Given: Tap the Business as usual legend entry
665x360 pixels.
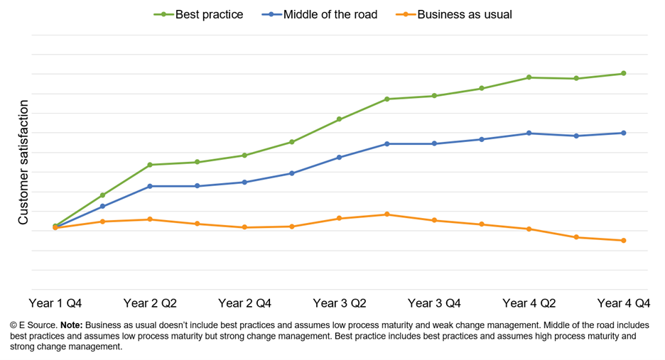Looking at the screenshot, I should click(464, 14).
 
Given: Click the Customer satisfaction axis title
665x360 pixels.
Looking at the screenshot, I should click(23, 163).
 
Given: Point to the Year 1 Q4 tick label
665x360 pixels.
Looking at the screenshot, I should click(55, 303).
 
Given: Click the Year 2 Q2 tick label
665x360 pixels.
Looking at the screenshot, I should click(150, 303).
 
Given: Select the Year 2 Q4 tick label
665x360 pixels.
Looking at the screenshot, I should click(244, 303).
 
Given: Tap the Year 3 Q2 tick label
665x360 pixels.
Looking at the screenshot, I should click(340, 303).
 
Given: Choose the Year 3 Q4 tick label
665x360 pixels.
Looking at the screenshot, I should click(434, 303).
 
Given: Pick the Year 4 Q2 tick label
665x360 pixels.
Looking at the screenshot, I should click(529, 303).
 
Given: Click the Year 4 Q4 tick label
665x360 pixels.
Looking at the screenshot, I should click(624, 303).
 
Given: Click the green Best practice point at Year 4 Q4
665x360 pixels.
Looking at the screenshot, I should click(624, 73).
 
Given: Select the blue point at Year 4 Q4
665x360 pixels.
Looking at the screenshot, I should click(624, 133).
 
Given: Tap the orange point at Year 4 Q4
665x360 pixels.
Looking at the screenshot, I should click(624, 241).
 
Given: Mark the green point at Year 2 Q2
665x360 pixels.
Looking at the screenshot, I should click(150, 165).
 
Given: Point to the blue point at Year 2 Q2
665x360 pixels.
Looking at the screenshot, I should click(150, 186).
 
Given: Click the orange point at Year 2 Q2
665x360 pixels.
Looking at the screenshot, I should click(150, 219).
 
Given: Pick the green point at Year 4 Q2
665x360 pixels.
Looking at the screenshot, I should click(529, 77).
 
